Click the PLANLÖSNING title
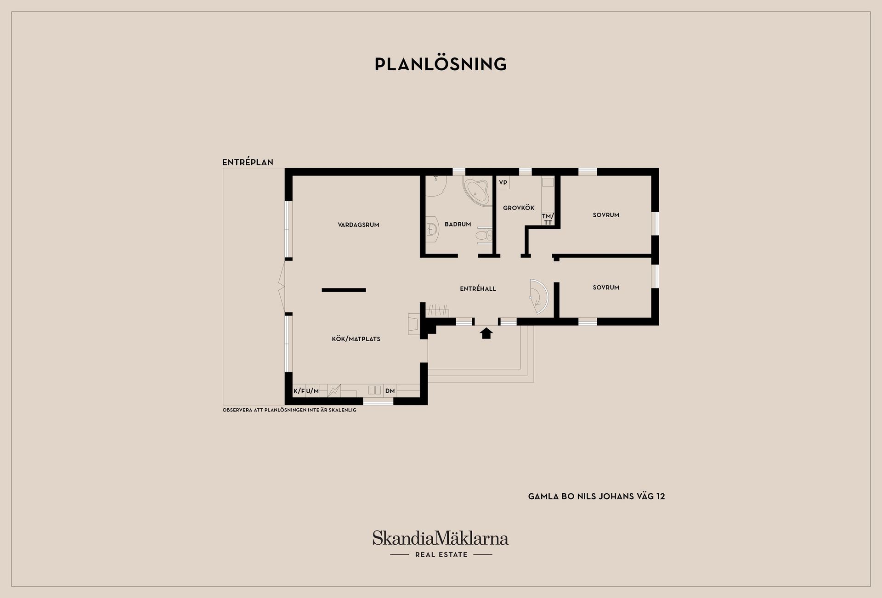click(x=441, y=64)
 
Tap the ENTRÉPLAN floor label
click(x=248, y=162)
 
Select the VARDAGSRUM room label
click(x=358, y=225)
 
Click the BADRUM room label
click(x=458, y=224)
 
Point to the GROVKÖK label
click(x=519, y=208)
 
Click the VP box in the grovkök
click(x=503, y=182)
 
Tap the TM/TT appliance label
click(x=548, y=219)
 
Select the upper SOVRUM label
click(x=606, y=214)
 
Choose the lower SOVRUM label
click(x=606, y=287)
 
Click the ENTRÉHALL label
click(x=478, y=288)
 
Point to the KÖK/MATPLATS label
click(x=356, y=338)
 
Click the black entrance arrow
click(x=486, y=333)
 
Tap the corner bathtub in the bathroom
click(x=477, y=191)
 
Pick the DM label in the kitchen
click(x=390, y=391)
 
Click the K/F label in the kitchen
click(x=299, y=391)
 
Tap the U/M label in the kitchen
click(x=312, y=391)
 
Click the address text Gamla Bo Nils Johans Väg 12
click(x=596, y=496)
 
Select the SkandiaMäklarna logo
click(x=441, y=544)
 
